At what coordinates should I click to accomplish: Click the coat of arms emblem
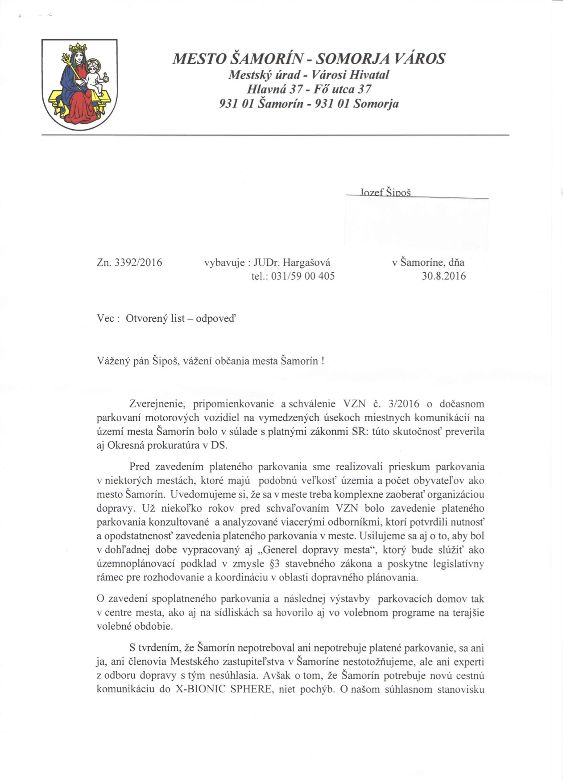[79, 84]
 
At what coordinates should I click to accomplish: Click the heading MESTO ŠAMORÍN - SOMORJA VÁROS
[309, 58]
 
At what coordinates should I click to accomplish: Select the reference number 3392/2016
[138, 263]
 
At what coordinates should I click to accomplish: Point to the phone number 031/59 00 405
[303, 276]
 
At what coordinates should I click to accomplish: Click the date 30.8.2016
[443, 276]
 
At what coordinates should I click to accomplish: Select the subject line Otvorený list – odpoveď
[181, 319]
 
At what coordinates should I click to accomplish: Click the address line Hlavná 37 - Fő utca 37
[309, 89]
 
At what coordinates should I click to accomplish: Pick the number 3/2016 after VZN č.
[404, 404]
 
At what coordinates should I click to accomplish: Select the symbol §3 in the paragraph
[275, 563]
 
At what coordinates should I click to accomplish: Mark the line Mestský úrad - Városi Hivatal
[309, 74]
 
